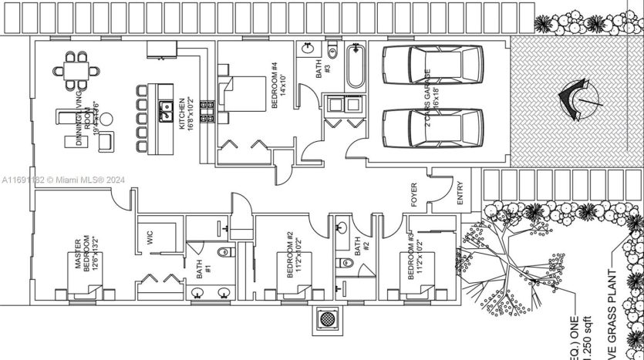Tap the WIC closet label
point(151,238)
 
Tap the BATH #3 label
point(323,70)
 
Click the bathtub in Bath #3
point(356,67)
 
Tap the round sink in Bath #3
point(308,48)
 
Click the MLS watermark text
point(63,180)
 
